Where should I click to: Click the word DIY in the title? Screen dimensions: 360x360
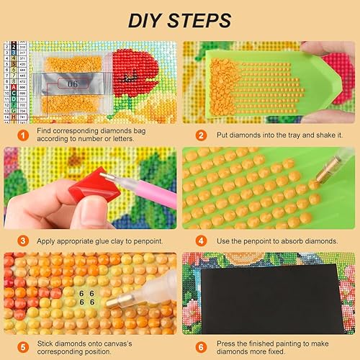(145, 19)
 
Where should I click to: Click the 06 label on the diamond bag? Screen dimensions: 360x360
(73, 84)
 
